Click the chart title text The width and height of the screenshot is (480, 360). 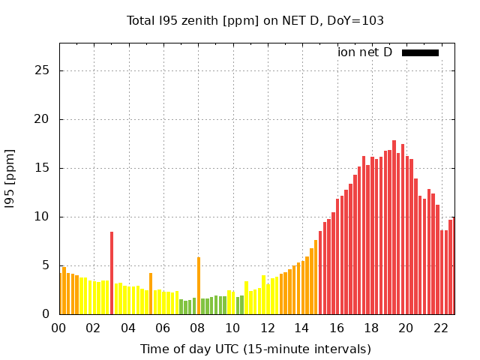tap(255, 20)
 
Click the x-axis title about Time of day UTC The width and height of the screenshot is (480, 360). tap(255, 349)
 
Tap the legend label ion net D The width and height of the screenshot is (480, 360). tap(364, 52)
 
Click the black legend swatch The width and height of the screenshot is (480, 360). tap(420, 52)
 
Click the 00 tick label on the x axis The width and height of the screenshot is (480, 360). tap(59, 328)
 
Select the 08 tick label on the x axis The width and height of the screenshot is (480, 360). tap(198, 328)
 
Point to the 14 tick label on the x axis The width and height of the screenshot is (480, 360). tap(301, 328)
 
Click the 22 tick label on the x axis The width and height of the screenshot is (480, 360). tap(440, 328)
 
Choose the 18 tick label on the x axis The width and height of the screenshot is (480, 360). tap(371, 328)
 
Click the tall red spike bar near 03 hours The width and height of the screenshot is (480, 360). tap(112, 274)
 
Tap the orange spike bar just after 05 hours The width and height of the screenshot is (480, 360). tap(151, 293)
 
